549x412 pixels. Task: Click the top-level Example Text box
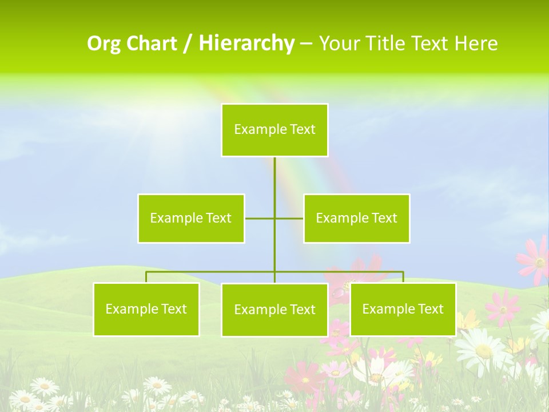point(274,130)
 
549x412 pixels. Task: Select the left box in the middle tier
point(191,218)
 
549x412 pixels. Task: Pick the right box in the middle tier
point(356,218)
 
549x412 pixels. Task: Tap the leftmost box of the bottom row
point(146,309)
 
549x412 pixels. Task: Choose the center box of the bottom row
point(274,310)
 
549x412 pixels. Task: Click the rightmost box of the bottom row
point(403,309)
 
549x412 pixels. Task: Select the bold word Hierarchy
point(246,43)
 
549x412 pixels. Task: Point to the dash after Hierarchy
point(306,44)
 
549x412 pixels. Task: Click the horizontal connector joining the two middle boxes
point(261,218)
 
